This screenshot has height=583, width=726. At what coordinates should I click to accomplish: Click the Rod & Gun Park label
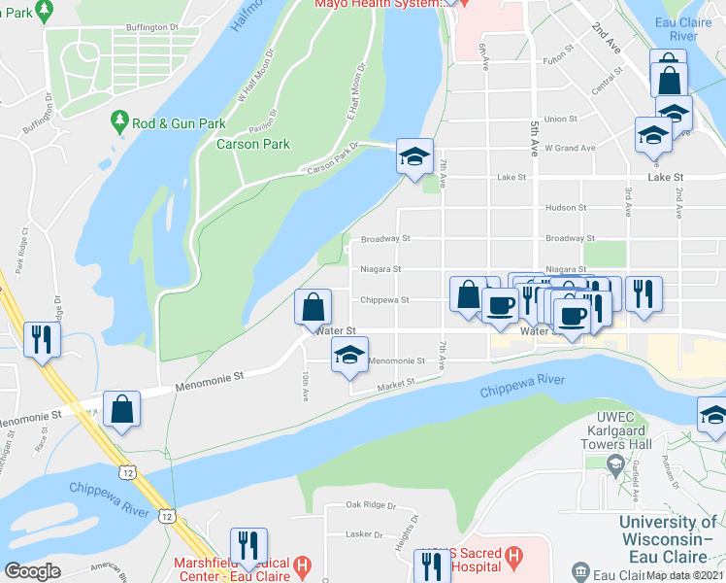tap(179, 124)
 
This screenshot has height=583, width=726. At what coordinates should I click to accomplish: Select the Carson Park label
tap(253, 144)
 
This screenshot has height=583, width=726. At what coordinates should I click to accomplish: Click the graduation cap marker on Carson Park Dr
tap(414, 157)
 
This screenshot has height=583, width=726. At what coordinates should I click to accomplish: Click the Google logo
tap(33, 571)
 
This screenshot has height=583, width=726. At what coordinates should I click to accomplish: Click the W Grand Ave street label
tap(569, 148)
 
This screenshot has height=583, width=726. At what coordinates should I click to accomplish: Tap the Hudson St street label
tap(568, 208)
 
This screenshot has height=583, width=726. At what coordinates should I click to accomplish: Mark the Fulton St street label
tap(560, 59)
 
